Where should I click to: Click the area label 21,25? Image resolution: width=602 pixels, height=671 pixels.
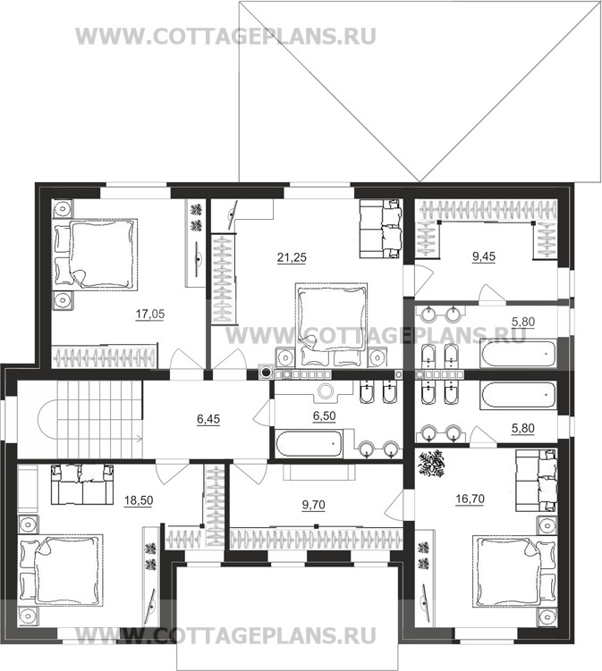[292, 257]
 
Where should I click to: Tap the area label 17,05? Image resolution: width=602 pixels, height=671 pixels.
[150, 315]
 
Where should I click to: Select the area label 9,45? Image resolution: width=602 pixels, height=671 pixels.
[483, 256]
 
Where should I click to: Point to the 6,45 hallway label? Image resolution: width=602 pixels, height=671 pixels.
[208, 419]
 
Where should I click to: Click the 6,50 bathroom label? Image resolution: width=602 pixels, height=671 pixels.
[325, 415]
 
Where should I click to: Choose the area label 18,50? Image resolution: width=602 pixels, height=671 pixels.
[139, 500]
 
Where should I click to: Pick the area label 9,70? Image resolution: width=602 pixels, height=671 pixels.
[314, 505]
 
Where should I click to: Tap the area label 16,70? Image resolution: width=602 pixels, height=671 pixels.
[470, 499]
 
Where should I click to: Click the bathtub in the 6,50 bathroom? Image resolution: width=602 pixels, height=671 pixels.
[309, 443]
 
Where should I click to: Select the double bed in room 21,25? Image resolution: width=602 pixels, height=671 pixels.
[332, 324]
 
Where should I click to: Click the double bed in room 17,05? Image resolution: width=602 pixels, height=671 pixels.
[95, 255]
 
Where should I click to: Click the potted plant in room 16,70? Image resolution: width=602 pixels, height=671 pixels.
[431, 464]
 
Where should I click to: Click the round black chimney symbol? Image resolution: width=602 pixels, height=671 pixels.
[267, 373]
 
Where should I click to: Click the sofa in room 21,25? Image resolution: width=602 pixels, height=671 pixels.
[381, 229]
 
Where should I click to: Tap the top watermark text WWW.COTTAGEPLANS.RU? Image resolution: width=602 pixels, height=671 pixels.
[225, 36]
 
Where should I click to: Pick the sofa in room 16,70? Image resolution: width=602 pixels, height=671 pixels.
[537, 480]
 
